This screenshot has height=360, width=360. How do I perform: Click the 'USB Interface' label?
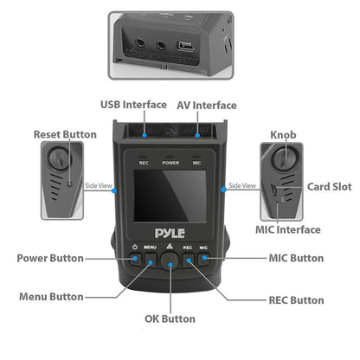(x=132, y=105)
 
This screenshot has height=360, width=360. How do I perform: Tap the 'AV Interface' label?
(x=207, y=105)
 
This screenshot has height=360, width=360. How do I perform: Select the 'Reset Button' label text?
(x=65, y=134)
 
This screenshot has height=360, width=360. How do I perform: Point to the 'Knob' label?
(x=282, y=135)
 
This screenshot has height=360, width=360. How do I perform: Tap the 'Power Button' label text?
(x=50, y=258)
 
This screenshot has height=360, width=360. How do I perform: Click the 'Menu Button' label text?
(x=53, y=296)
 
